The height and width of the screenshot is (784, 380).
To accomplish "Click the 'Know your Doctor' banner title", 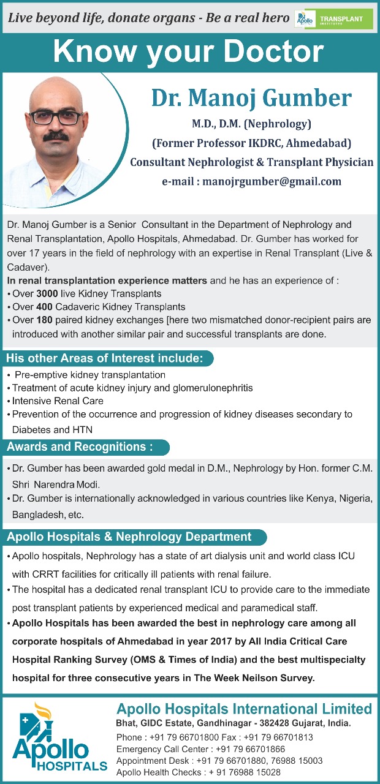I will click(188, 53).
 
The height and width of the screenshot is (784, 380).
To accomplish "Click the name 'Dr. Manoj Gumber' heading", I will click(251, 98).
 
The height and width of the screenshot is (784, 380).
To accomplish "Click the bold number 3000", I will click(47, 293).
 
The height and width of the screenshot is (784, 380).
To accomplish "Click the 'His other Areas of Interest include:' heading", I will click(104, 358).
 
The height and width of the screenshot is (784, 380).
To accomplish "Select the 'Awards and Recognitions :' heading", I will click(80, 447).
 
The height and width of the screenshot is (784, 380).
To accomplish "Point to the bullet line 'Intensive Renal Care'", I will click(58, 401).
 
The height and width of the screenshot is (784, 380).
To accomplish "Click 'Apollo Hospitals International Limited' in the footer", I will click(244, 709).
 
